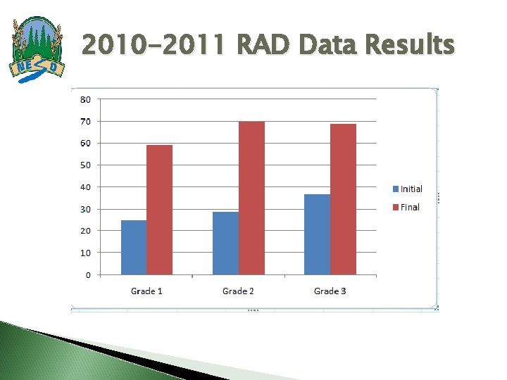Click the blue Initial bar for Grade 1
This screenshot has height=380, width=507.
click(x=134, y=247)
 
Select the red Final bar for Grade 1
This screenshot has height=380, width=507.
click(x=160, y=210)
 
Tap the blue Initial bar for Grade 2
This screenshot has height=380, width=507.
click(x=225, y=243)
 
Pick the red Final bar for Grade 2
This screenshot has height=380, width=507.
click(x=251, y=198)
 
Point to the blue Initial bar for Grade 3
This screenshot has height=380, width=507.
click(x=317, y=234)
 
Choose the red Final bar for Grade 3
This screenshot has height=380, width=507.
click(x=343, y=199)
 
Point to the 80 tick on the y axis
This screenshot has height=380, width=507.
click(x=84, y=99)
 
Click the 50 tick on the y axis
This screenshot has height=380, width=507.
click(x=84, y=165)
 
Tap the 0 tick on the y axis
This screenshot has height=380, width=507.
click(x=87, y=274)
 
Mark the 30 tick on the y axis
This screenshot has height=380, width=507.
click(x=84, y=209)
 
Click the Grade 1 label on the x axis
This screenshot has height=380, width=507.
click(x=146, y=291)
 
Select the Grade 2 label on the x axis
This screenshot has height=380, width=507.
click(x=238, y=291)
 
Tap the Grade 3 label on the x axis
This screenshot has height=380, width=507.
click(x=330, y=291)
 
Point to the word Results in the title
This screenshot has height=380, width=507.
click(x=411, y=46)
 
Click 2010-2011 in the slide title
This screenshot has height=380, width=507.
click(x=154, y=46)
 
